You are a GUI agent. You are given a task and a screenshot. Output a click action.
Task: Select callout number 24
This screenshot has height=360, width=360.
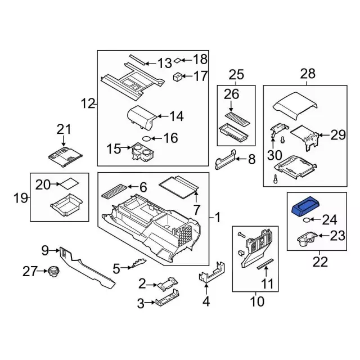pos(328,219)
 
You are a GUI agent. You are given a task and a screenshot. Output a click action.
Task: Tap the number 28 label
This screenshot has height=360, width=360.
pos(308,73)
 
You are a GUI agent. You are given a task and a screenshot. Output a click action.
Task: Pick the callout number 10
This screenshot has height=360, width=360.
pos(256,301)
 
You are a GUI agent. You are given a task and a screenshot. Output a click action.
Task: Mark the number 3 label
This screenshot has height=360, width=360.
pos(141,304)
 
